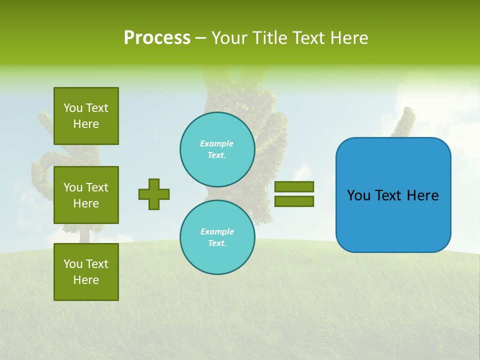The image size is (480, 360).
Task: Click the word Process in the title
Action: tap(157, 38)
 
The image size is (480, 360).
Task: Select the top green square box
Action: tap(86, 116)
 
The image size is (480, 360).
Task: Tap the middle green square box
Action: tap(86, 195)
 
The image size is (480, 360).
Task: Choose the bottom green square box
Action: tap(86, 272)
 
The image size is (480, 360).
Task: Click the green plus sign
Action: tap(154, 194)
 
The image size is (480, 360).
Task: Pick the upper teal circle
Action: tap(217, 149)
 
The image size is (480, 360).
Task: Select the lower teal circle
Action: tap(217, 237)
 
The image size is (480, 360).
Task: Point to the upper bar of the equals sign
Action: tap(294, 186)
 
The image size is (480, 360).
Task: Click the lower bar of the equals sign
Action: tap(294, 201)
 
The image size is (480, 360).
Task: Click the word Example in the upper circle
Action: tap(216, 143)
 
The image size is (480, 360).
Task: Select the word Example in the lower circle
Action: tap(217, 231)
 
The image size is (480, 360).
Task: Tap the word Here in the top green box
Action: tap(86, 124)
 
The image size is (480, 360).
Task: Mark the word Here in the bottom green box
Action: tap(86, 280)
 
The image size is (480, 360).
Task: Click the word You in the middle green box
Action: tap(73, 187)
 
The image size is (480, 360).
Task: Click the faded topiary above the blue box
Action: tap(404, 122)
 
